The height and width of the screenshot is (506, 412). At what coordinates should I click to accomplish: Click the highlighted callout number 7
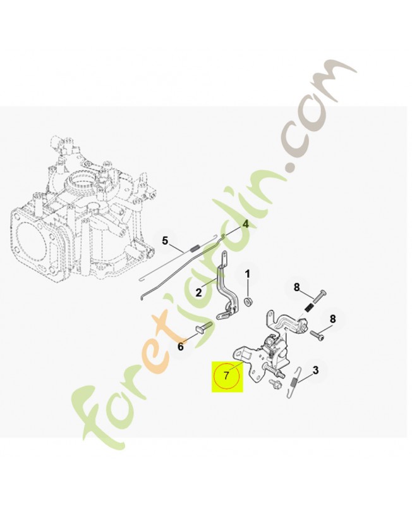(x=227, y=375)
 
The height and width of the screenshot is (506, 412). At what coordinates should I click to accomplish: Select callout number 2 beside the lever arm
(x=198, y=293)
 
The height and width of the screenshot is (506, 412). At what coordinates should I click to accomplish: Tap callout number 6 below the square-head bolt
(x=181, y=347)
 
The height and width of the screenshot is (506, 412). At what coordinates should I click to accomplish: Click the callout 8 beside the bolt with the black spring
(x=296, y=287)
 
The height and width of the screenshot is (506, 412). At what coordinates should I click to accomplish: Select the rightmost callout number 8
(x=332, y=319)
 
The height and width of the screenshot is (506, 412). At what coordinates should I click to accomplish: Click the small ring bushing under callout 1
(x=248, y=303)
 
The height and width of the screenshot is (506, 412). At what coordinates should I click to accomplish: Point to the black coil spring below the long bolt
(x=308, y=308)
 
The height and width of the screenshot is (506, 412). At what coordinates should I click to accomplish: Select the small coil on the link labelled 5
(x=195, y=249)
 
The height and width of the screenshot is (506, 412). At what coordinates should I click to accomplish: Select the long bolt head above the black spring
(x=324, y=292)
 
